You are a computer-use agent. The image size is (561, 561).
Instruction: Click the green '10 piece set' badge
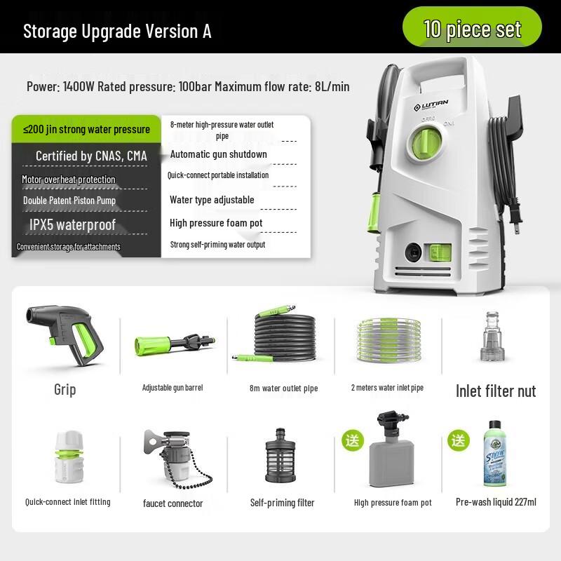tap(472, 29)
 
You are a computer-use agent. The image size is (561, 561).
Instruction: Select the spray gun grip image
tap(64, 336)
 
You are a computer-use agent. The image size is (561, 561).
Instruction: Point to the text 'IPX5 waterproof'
tap(72, 225)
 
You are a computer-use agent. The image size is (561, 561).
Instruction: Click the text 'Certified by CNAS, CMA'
tap(91, 156)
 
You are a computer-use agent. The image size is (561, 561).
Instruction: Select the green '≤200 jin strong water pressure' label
tap(86, 129)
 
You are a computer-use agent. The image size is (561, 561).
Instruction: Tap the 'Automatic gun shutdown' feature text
tap(218, 154)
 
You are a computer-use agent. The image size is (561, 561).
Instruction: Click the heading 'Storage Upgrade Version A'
tap(117, 32)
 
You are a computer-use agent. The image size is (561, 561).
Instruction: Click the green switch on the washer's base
tap(440, 251)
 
